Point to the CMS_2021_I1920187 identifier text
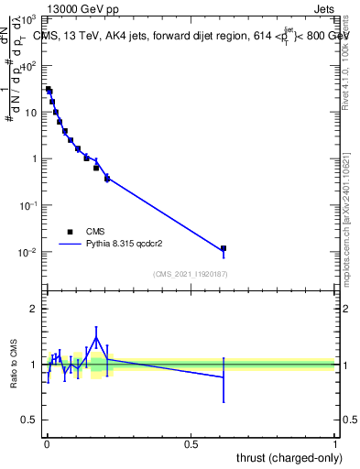pos(190,274)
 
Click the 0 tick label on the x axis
pos(47,442)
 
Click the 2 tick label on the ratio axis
pos(33,309)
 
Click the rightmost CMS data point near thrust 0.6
pos(223,248)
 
